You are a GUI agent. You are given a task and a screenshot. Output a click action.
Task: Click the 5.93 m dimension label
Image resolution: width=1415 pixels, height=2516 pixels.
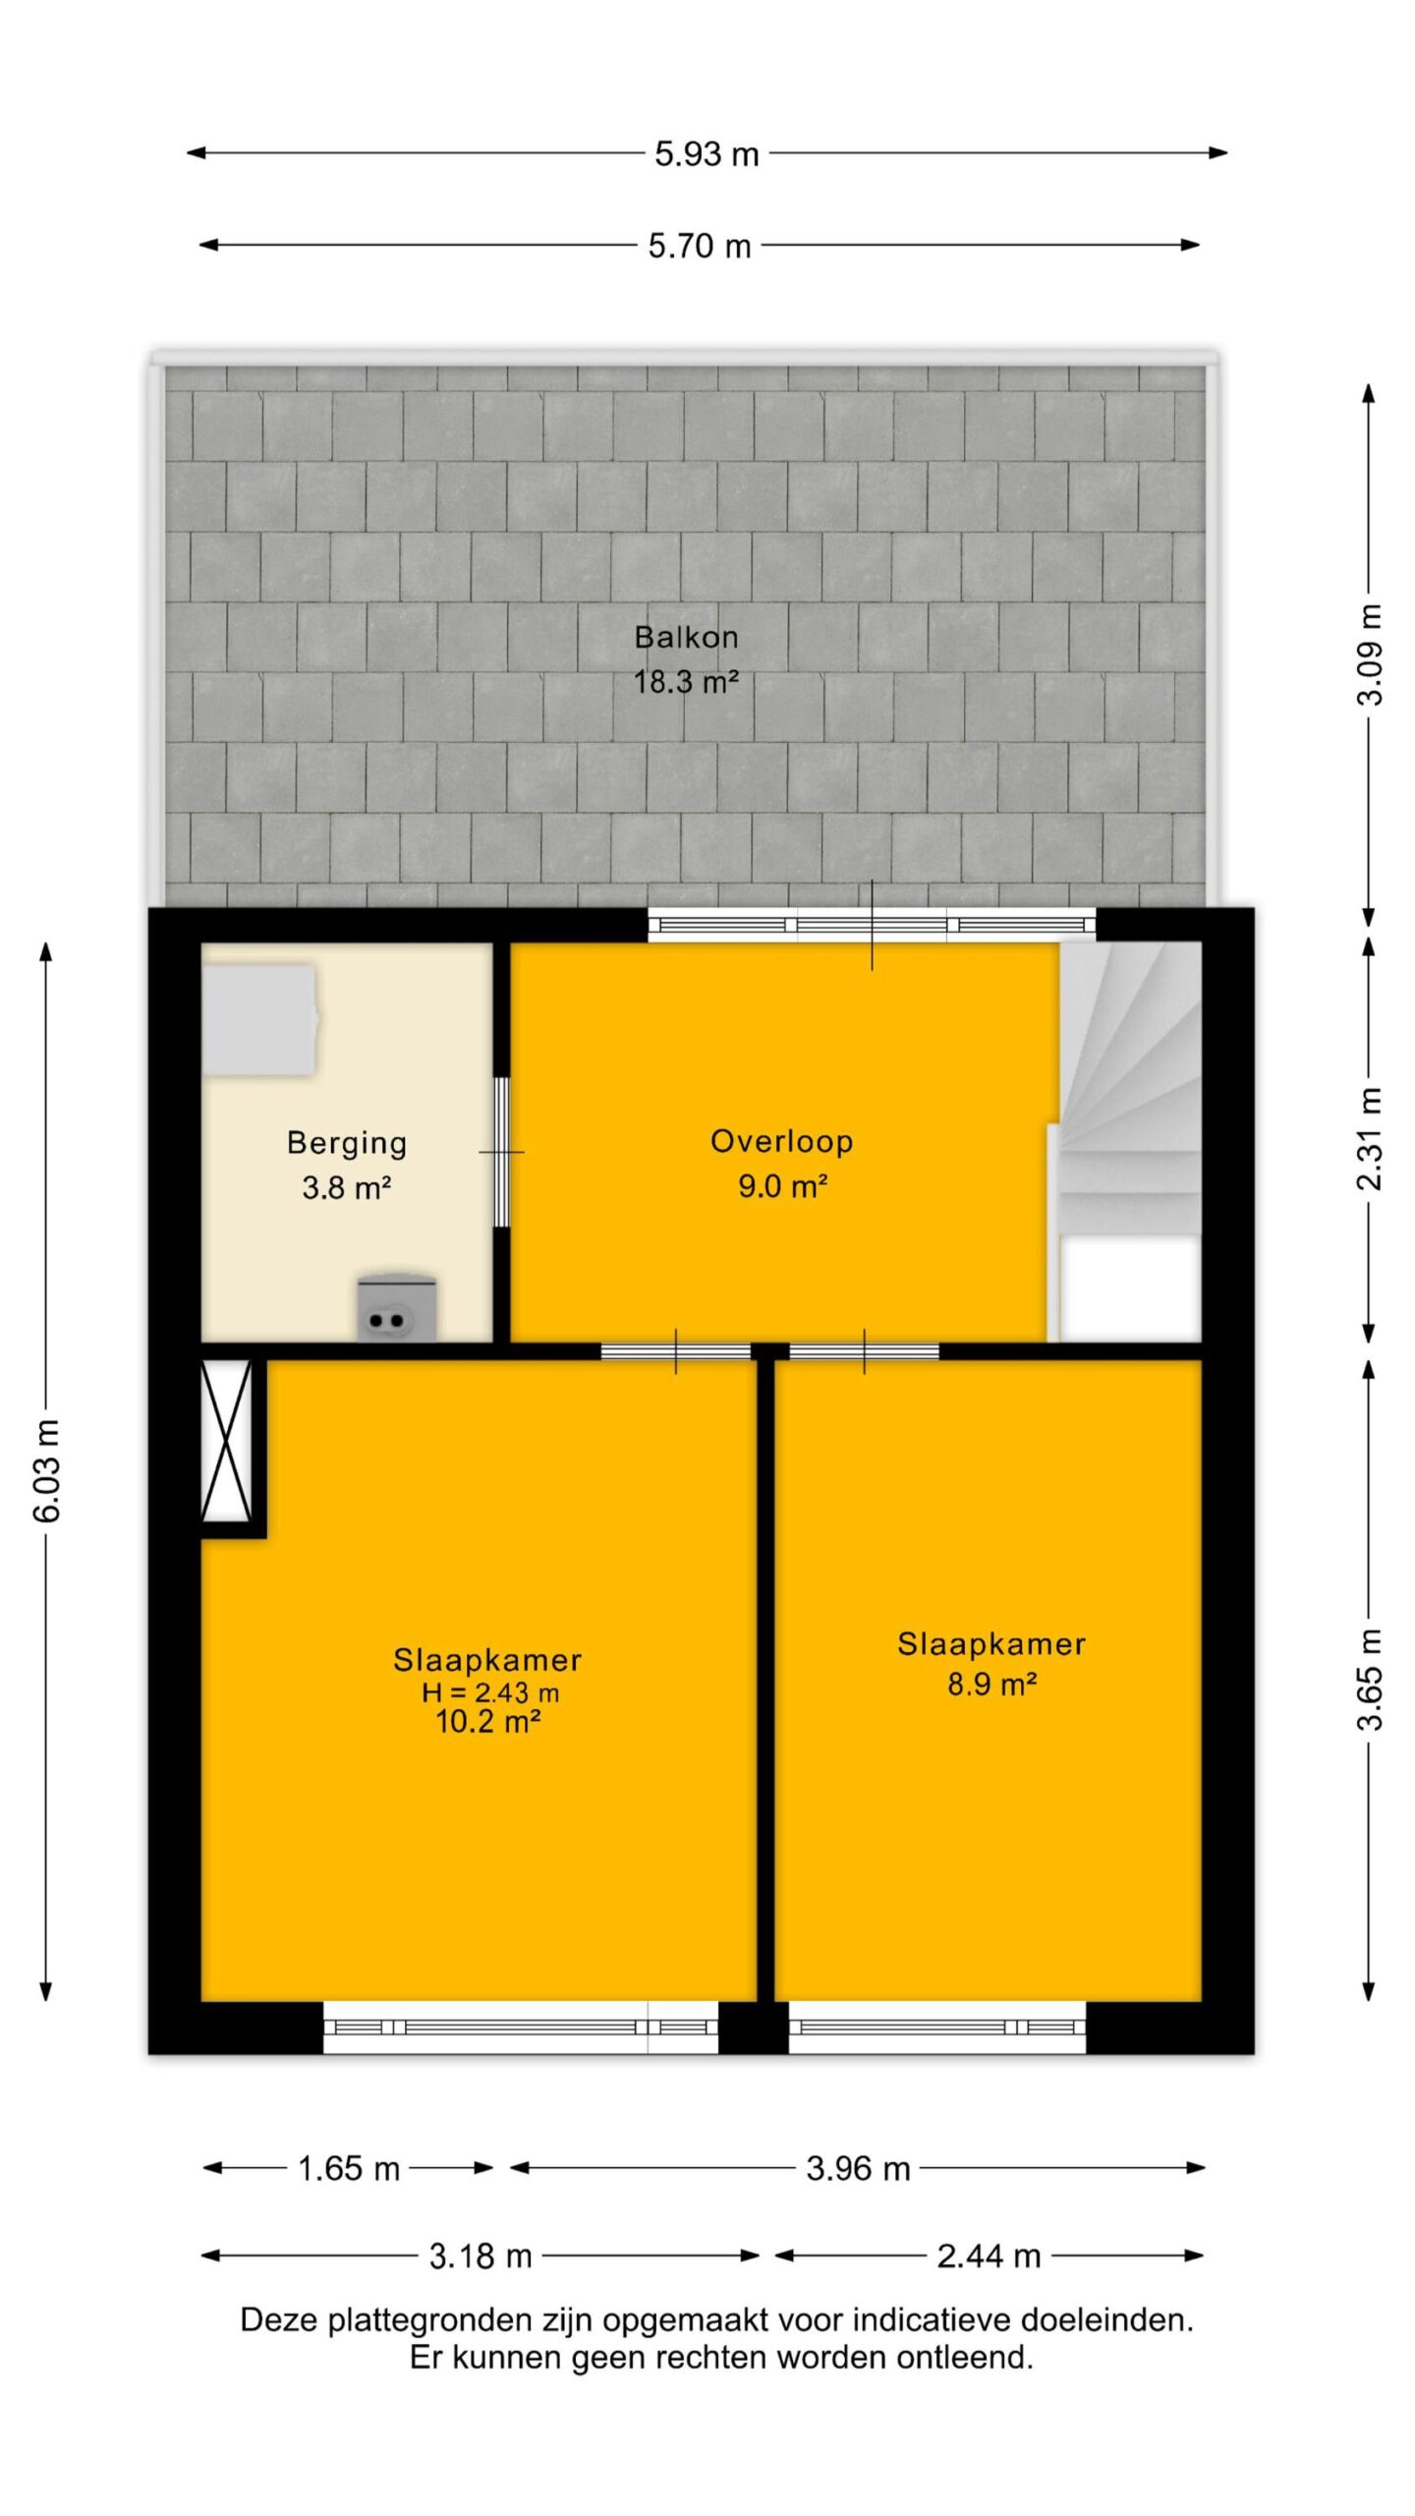click(707, 154)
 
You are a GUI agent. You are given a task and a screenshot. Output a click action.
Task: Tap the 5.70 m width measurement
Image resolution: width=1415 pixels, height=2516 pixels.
click(699, 246)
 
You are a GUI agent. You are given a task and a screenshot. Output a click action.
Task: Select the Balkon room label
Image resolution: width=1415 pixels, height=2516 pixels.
click(686, 637)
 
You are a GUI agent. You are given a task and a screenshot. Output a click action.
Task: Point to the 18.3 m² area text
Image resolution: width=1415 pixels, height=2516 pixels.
click(686, 681)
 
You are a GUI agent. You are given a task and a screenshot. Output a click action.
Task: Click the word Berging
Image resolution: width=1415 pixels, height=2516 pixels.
click(347, 1143)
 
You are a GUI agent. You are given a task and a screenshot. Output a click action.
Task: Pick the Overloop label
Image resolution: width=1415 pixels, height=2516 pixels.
click(782, 1141)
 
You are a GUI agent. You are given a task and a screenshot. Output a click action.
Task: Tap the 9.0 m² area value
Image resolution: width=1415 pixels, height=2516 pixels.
click(782, 1186)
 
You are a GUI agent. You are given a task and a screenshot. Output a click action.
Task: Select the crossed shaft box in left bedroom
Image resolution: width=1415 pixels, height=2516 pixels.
click(227, 1441)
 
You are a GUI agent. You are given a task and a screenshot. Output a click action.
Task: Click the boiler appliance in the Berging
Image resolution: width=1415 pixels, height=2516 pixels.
click(397, 1308)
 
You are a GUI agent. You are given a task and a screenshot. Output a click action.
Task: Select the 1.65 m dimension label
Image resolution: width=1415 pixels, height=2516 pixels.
click(349, 2168)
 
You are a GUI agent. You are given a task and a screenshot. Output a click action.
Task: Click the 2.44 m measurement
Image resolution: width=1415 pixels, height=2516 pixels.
click(989, 2256)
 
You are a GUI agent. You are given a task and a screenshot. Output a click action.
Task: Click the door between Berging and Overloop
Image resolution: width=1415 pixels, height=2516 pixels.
click(501, 1152)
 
